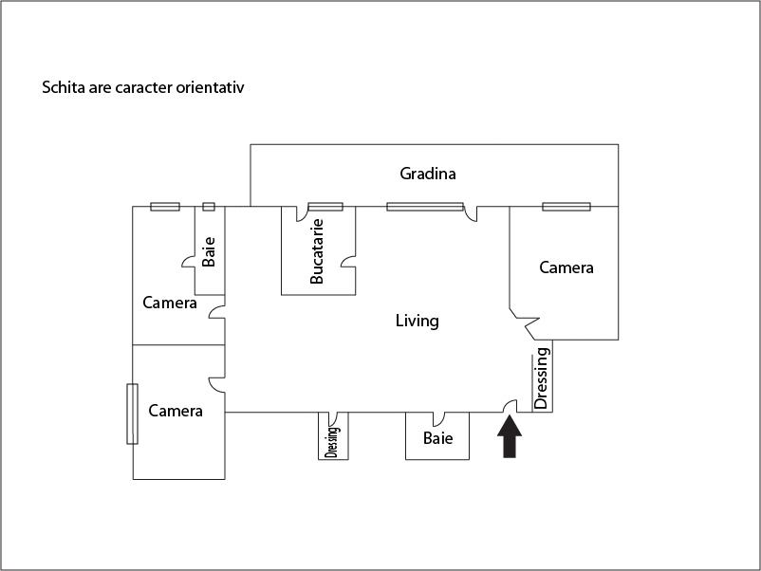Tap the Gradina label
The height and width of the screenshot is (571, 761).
pos(428,174)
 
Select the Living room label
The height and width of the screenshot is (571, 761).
pos(417,321)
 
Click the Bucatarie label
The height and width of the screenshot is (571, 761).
pos(318,251)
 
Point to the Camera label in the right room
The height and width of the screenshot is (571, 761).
pos(566,267)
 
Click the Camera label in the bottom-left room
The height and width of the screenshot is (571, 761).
pos(176,411)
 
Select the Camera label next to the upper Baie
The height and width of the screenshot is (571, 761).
pos(170,303)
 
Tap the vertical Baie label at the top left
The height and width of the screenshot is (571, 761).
pos(209,250)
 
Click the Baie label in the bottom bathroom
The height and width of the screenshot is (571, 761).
pos(437,438)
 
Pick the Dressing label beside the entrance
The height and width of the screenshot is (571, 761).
pos(542,378)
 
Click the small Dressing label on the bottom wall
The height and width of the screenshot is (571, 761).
pos(332,438)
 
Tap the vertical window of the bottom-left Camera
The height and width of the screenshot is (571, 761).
pos(133,413)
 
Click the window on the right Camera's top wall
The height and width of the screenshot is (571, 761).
pos(566,207)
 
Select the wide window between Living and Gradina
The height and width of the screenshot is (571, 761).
pos(424,207)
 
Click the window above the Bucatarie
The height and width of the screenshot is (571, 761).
pos(325,207)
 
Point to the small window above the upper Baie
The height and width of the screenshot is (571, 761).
pos(209,207)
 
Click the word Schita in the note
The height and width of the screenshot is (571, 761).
pos(61,87)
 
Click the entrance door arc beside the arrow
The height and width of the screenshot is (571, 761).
pos(509,406)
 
